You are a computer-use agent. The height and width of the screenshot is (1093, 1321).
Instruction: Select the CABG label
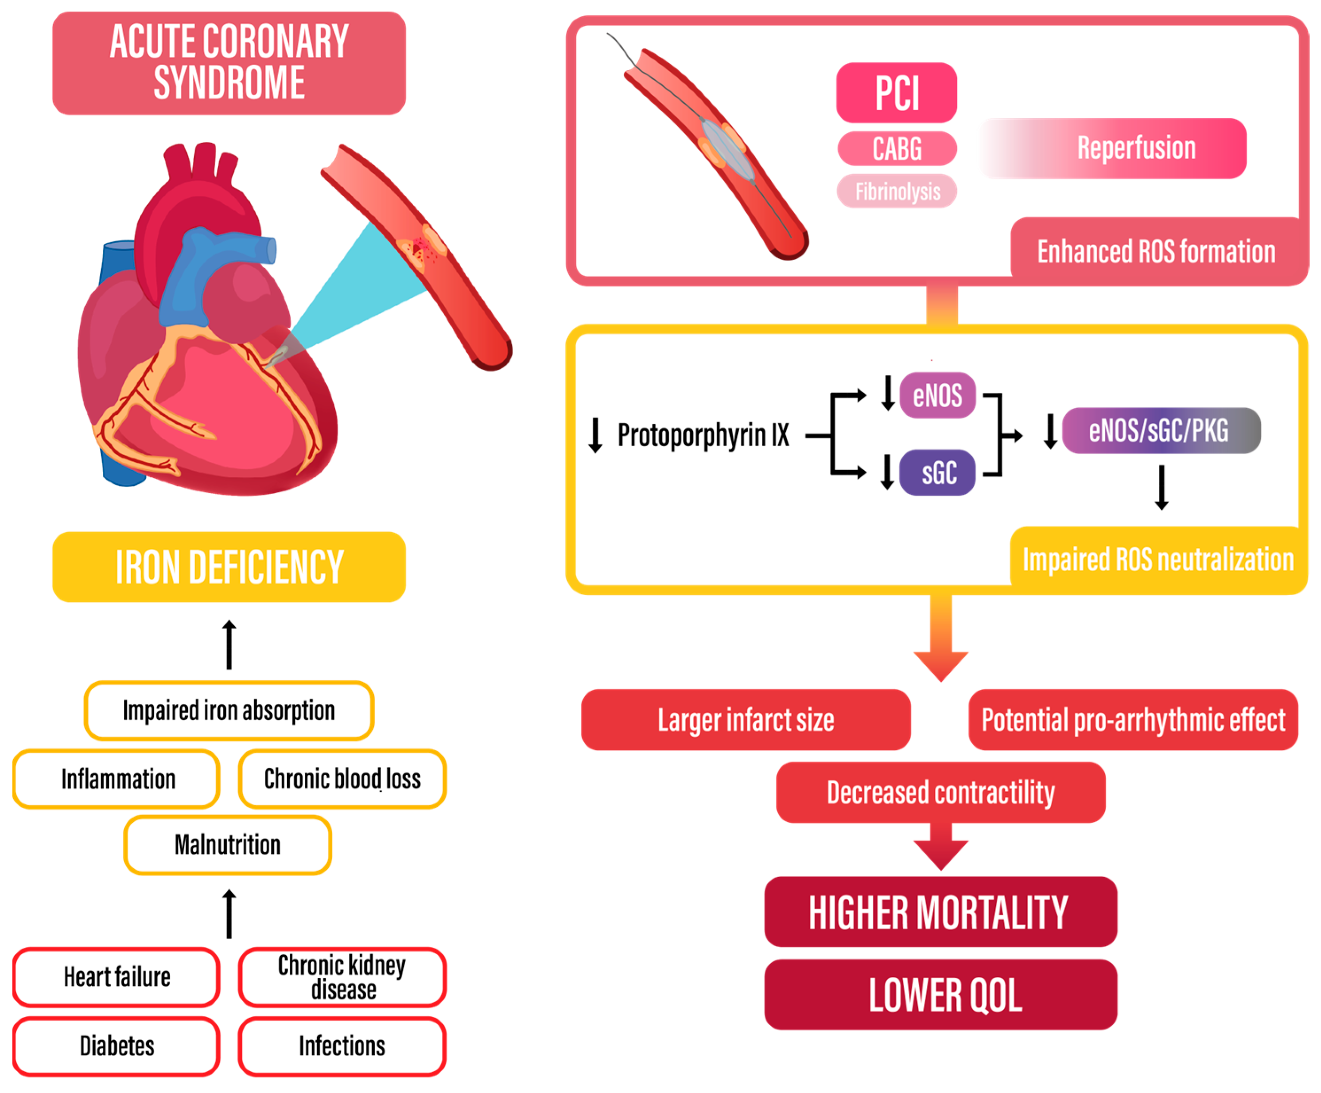click(x=897, y=148)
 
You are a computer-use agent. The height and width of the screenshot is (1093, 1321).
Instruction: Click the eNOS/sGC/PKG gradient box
click(x=1161, y=430)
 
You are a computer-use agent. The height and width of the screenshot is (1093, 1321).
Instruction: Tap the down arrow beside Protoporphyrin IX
click(x=595, y=434)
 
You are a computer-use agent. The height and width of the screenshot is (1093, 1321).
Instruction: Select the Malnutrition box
click(x=228, y=844)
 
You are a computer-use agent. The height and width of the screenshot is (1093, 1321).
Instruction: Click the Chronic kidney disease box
click(x=342, y=976)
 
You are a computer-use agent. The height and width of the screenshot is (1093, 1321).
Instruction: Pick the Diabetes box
click(x=117, y=1046)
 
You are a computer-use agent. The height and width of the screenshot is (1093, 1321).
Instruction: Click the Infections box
click(x=342, y=1046)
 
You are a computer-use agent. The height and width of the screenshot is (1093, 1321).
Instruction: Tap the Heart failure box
click(x=117, y=976)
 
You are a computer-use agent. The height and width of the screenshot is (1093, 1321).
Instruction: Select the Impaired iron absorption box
click(x=229, y=710)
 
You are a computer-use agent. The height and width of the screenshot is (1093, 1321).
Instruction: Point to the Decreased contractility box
click(x=940, y=792)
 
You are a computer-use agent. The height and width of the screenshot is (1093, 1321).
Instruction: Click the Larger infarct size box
click(x=746, y=719)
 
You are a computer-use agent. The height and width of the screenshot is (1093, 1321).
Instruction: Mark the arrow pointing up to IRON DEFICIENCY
click(x=229, y=644)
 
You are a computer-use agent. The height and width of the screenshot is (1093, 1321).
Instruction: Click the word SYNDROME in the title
click(x=229, y=83)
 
